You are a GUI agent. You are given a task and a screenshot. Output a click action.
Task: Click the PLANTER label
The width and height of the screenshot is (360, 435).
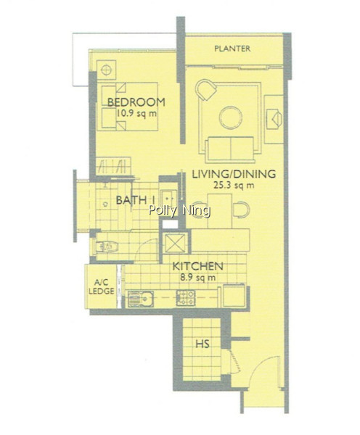click(232, 49)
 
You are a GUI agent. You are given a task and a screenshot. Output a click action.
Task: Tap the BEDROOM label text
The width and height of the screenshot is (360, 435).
click(136, 102)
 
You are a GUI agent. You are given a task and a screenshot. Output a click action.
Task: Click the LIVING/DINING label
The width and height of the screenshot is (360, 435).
click(234, 174)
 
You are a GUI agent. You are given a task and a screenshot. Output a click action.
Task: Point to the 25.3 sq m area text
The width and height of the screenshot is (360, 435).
click(234, 185)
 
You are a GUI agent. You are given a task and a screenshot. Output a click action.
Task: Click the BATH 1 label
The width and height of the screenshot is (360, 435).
click(135, 200)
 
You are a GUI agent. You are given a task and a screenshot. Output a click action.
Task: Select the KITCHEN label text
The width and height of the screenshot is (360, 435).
click(197, 266)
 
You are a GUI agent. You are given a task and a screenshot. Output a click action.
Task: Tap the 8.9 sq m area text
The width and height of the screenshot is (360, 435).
click(197, 277)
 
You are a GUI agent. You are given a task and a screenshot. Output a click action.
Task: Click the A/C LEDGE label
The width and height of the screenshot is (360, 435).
click(101, 287)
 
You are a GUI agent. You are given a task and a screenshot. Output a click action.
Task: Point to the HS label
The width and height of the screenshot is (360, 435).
click(202, 344)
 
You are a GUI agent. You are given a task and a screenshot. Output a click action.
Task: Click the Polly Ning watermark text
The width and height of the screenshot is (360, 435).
click(179, 210)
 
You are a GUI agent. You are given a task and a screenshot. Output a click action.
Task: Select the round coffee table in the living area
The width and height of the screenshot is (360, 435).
click(231, 117)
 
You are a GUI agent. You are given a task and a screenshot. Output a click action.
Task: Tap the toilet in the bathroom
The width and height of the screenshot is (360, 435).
click(107, 246)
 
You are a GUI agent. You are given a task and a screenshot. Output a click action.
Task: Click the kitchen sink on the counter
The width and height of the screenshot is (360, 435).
click(141, 299)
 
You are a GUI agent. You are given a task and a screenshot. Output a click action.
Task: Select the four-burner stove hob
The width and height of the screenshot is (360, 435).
click(186, 298)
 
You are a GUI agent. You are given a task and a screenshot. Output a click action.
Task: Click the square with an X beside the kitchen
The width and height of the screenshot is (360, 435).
click(175, 243)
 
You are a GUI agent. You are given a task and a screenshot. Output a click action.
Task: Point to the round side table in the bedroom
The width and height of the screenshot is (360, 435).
click(106, 70)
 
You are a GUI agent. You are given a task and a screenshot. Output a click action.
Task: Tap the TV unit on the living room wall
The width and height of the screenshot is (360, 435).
click(274, 120)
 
